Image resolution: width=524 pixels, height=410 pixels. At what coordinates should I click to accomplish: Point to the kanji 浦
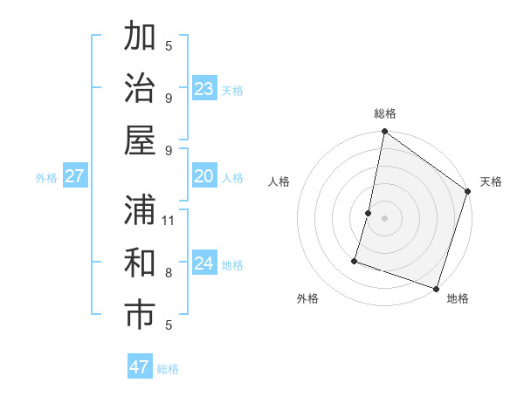pyautogui.click(x=140, y=210)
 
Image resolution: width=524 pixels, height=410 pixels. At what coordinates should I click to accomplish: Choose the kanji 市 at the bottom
pyautogui.click(x=140, y=315)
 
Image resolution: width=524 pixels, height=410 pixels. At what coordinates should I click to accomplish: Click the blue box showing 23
pyautogui.click(x=204, y=88)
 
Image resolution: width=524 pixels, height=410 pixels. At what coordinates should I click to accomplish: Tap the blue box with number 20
pyautogui.click(x=204, y=176)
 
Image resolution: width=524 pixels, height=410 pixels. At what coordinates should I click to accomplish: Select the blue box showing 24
pyautogui.click(x=204, y=263)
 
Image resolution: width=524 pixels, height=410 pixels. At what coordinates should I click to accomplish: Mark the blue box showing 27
pyautogui.click(x=75, y=176)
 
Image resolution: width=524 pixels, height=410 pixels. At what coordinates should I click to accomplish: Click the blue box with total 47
pyautogui.click(x=140, y=367)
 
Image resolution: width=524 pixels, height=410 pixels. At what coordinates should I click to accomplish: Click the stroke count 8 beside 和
pyautogui.click(x=169, y=272)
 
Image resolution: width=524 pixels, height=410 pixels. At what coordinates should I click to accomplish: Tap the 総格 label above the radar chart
pyautogui.click(x=385, y=113)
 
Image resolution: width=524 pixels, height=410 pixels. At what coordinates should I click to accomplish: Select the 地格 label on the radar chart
pyautogui.click(x=458, y=298)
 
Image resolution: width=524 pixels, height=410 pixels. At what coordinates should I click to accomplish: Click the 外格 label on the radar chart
pyautogui.click(x=307, y=298)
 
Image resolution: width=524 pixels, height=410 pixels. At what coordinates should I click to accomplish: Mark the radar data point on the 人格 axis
pyautogui.click(x=369, y=213)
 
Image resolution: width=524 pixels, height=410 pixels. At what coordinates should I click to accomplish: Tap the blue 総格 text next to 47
pyautogui.click(x=168, y=369)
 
